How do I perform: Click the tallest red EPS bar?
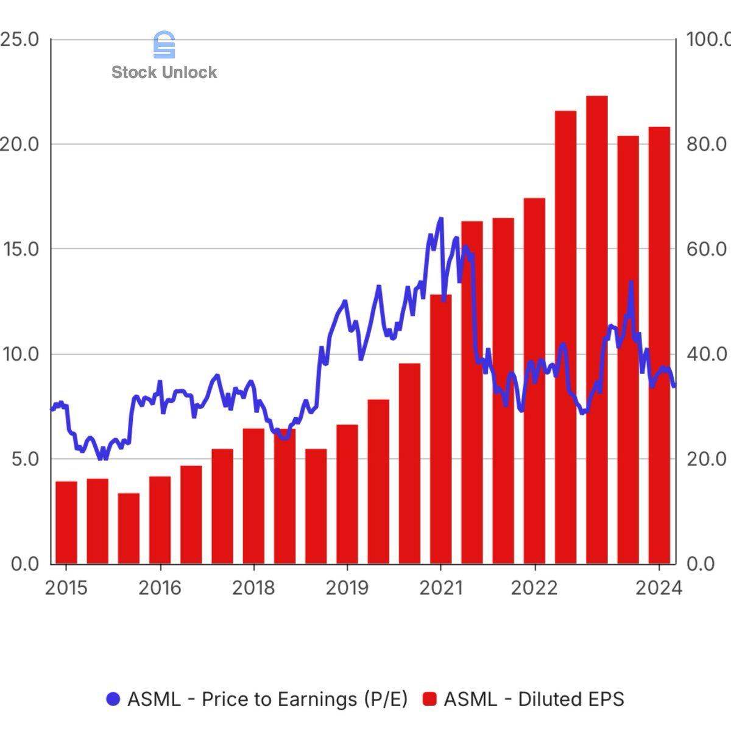point(596,329)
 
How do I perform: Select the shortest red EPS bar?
point(129,528)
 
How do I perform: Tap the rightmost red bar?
point(659,345)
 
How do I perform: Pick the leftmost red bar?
point(66,522)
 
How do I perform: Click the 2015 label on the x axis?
point(66,588)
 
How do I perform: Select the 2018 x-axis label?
point(253,588)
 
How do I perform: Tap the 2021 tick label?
point(440,588)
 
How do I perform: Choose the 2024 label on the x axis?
point(659,588)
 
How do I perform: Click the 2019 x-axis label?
point(347,588)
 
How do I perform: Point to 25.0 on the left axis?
point(19,40)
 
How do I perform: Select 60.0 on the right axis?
point(707,249)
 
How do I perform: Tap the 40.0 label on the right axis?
point(707,354)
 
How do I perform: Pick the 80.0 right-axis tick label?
point(707,144)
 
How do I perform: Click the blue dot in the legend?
point(114,699)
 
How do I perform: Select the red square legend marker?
point(430,699)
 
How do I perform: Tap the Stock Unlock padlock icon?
point(164,45)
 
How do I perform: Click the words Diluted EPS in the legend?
point(571,699)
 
